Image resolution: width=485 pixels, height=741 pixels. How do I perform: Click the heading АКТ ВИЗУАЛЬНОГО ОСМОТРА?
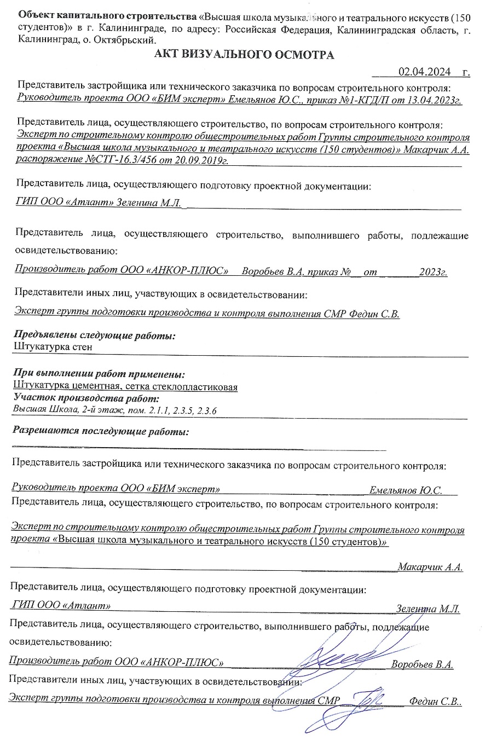(244, 55)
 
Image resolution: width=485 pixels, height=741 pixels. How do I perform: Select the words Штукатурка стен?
(52, 346)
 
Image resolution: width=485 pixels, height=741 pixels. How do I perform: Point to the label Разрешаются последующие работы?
(101, 431)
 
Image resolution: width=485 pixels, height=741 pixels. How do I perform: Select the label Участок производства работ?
(86, 398)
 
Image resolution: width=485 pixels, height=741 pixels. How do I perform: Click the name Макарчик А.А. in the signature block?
(430, 566)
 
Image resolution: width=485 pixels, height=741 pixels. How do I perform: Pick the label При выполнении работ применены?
(98, 375)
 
